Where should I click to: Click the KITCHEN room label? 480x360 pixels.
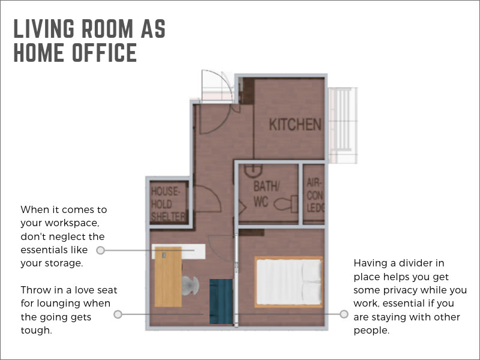pos(295,125)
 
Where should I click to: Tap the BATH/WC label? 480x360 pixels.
pos(266,194)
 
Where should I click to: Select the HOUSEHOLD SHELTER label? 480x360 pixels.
pos(168,204)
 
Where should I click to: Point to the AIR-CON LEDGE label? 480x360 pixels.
pos(315,196)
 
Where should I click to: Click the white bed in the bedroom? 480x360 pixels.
pos(289,281)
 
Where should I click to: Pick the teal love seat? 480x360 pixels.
pos(221,302)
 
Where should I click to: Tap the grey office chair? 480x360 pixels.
pos(190,286)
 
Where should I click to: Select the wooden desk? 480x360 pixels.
pos(168,277)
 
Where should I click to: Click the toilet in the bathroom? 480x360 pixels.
pos(286,204)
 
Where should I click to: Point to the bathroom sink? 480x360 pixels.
pos(253,171)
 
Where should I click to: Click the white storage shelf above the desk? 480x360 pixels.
pos(178,251)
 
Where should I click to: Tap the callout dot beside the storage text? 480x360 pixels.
pos(100,250)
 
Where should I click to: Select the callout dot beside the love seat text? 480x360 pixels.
pos(118,314)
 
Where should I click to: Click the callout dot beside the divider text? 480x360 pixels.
pos(344,314)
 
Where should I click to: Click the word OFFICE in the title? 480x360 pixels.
pos(104,52)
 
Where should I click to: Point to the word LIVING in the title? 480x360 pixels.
pos(44,28)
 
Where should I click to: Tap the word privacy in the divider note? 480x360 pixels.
pos(401,290)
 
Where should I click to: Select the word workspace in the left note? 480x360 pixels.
pos(71,223)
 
